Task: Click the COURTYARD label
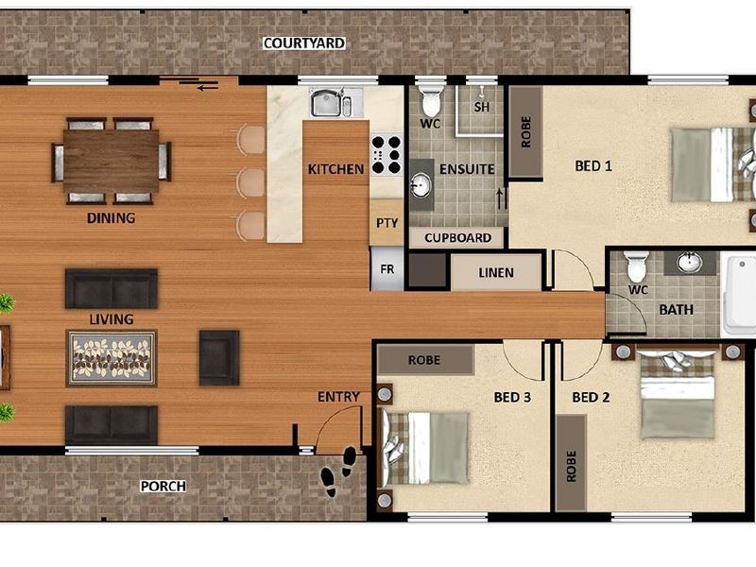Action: (x=303, y=43)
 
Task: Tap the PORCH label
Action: (x=163, y=487)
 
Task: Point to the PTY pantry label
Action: (x=387, y=224)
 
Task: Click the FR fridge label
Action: (x=387, y=268)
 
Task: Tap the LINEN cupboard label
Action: (x=496, y=273)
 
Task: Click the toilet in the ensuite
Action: (x=431, y=102)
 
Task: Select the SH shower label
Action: (x=482, y=107)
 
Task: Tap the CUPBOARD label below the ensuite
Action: (x=457, y=238)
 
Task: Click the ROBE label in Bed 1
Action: (x=525, y=132)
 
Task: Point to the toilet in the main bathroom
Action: (x=635, y=266)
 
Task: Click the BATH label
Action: (x=676, y=309)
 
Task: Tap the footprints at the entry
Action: (x=338, y=470)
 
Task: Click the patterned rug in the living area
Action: (x=112, y=357)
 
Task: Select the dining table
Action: (x=112, y=160)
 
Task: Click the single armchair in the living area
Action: (x=219, y=357)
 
